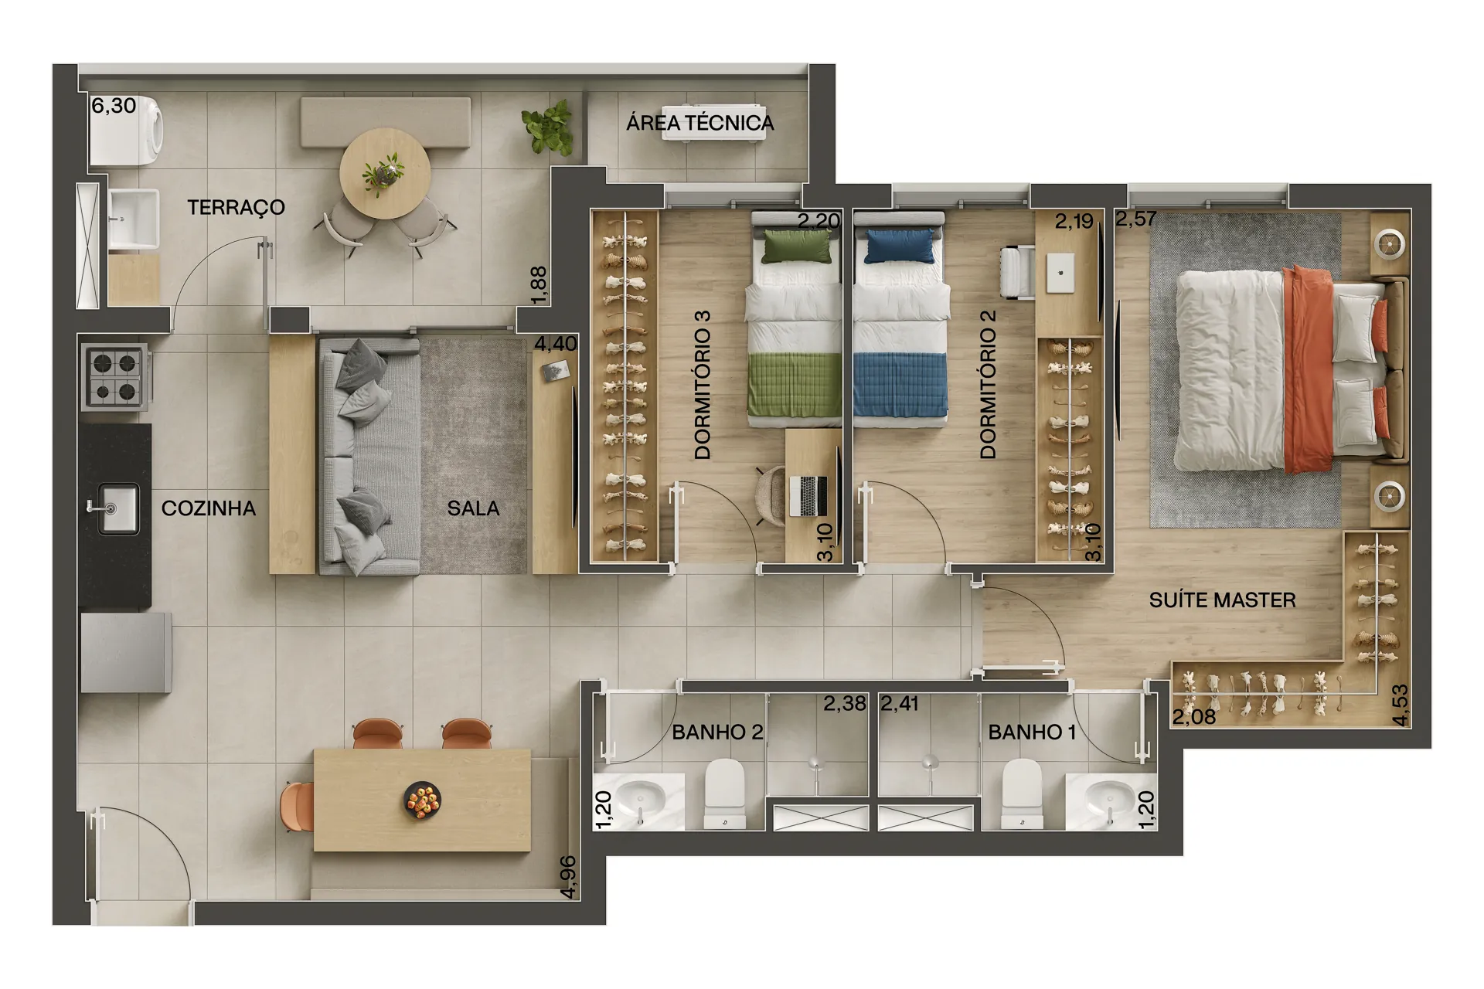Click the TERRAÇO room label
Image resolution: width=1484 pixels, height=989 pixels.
[236, 207]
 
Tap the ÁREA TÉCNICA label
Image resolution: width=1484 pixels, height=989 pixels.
[699, 123]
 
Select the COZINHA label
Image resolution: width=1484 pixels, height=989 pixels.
[208, 508]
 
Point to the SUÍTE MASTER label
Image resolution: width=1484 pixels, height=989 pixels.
[1222, 600]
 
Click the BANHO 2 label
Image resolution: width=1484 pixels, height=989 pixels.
[717, 732]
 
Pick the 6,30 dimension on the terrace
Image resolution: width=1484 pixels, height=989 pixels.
[114, 106]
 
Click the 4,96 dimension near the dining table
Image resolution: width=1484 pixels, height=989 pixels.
[568, 877]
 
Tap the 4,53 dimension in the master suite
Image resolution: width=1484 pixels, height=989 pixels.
[1400, 705]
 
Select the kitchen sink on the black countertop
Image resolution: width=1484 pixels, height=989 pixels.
[117, 508]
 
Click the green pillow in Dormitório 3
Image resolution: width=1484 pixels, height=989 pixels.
[797, 246]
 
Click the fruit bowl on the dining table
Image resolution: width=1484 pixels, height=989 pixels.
[423, 800]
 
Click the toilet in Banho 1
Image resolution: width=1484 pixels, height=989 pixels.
[1021, 794]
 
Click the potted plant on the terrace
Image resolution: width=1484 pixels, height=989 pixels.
[548, 127]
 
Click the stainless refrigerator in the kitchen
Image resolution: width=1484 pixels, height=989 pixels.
[126, 652]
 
